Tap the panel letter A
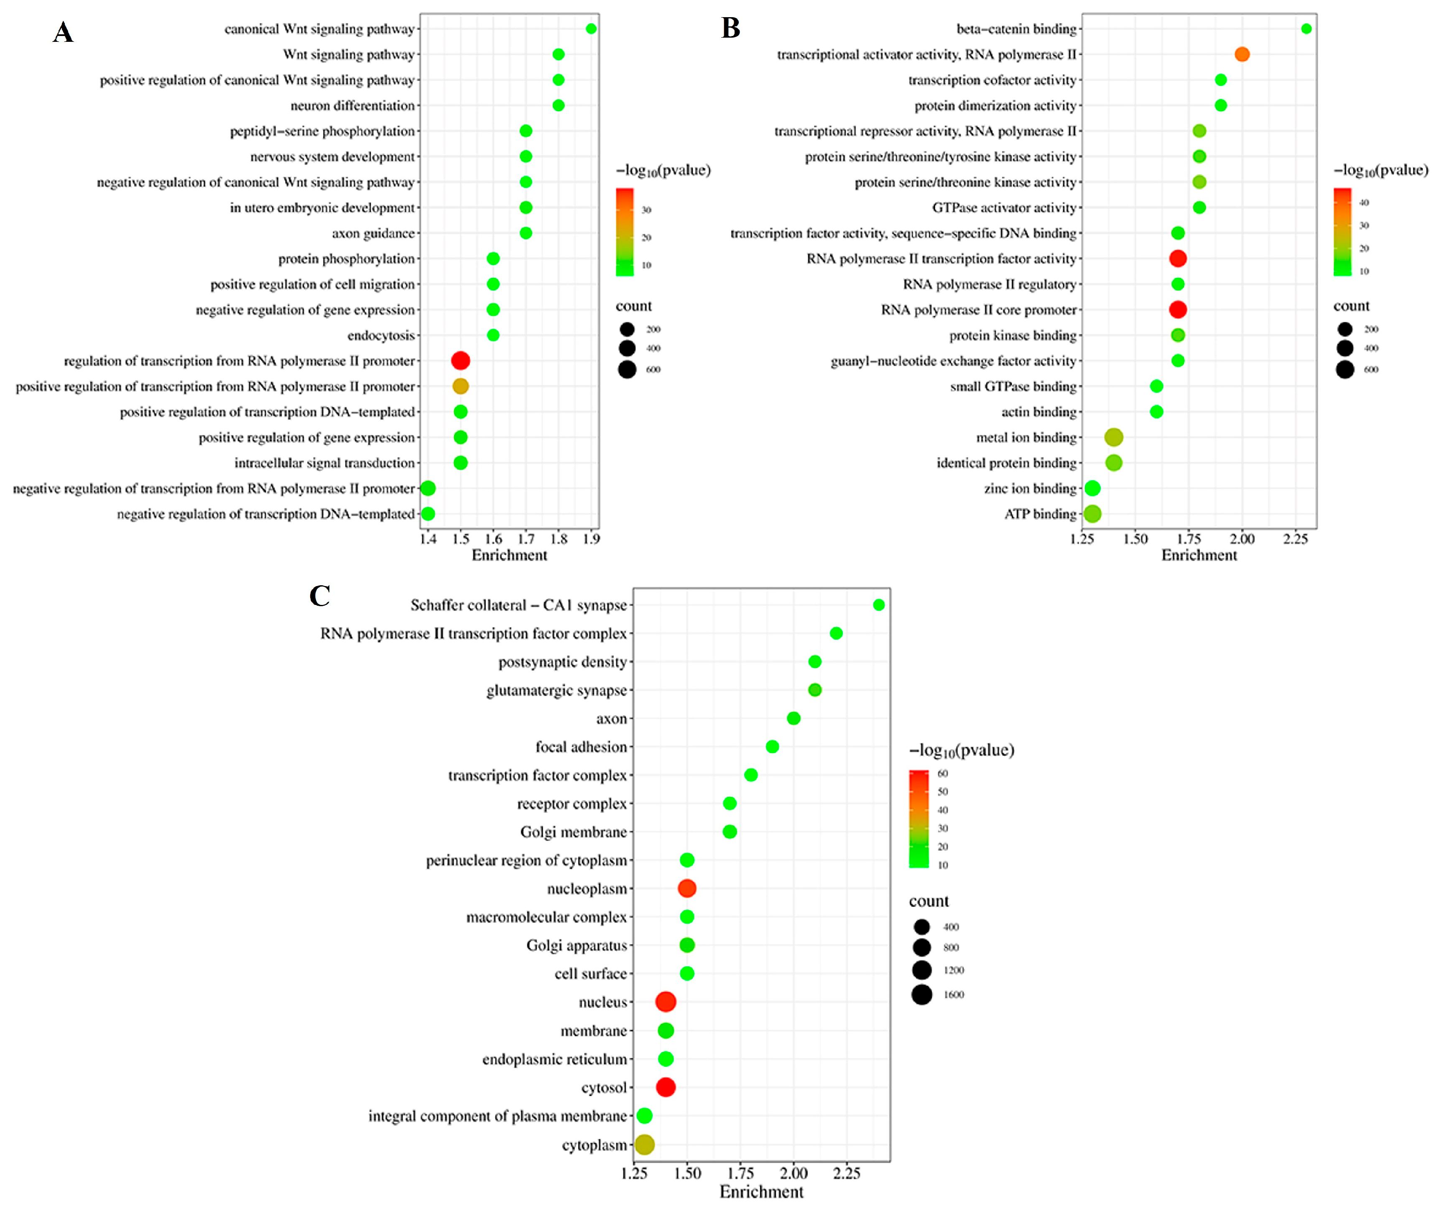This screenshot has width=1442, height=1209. (63, 32)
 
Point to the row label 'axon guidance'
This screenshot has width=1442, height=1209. (373, 233)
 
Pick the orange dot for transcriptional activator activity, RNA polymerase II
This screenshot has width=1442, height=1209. (1241, 54)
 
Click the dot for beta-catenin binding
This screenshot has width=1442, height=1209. (1306, 29)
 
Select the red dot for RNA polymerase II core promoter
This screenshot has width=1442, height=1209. (1178, 310)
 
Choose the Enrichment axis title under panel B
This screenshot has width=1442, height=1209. (1199, 555)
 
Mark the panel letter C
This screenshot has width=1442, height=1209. (320, 596)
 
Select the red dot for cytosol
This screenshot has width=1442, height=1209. (665, 1087)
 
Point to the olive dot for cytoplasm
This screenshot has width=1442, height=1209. (644, 1145)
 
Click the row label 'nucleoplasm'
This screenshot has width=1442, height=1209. (587, 889)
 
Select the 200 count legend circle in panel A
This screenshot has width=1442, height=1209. (627, 329)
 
